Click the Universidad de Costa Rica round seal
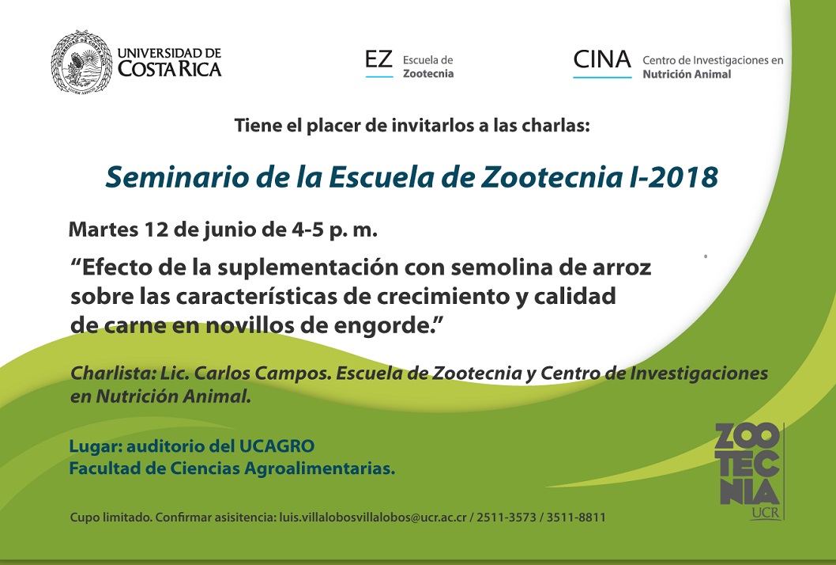click(81, 62)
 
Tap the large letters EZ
click(378, 59)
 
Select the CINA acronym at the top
click(602, 60)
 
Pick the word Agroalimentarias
click(319, 468)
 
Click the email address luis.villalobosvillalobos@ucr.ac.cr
click(373, 517)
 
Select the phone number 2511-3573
click(506, 517)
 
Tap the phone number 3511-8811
click(576, 517)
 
